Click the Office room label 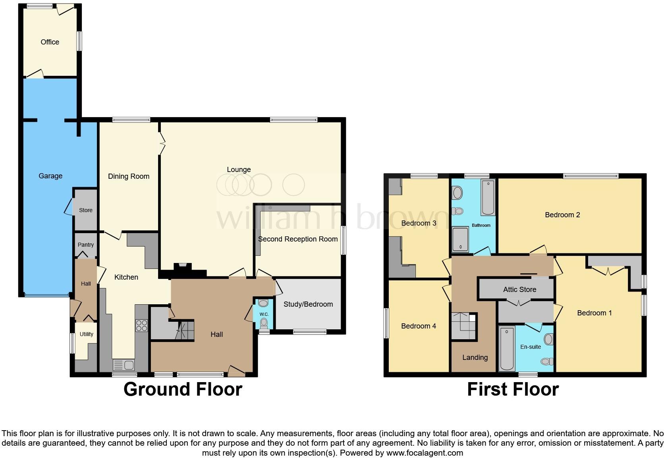point(50,42)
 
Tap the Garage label point(50,176)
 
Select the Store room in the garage point(86,210)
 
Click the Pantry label point(86,245)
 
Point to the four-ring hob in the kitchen point(142,325)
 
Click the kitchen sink point(124,364)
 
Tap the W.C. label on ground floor point(264,314)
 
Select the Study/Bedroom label point(308,304)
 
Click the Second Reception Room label point(298,239)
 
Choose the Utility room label point(86,334)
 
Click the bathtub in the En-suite point(507,348)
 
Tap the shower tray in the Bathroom point(461,239)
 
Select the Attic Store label point(519,290)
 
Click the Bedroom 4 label point(419,326)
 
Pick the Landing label point(475,358)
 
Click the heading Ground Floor point(183,389)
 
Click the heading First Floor point(513,389)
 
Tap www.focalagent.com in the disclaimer point(424,453)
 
